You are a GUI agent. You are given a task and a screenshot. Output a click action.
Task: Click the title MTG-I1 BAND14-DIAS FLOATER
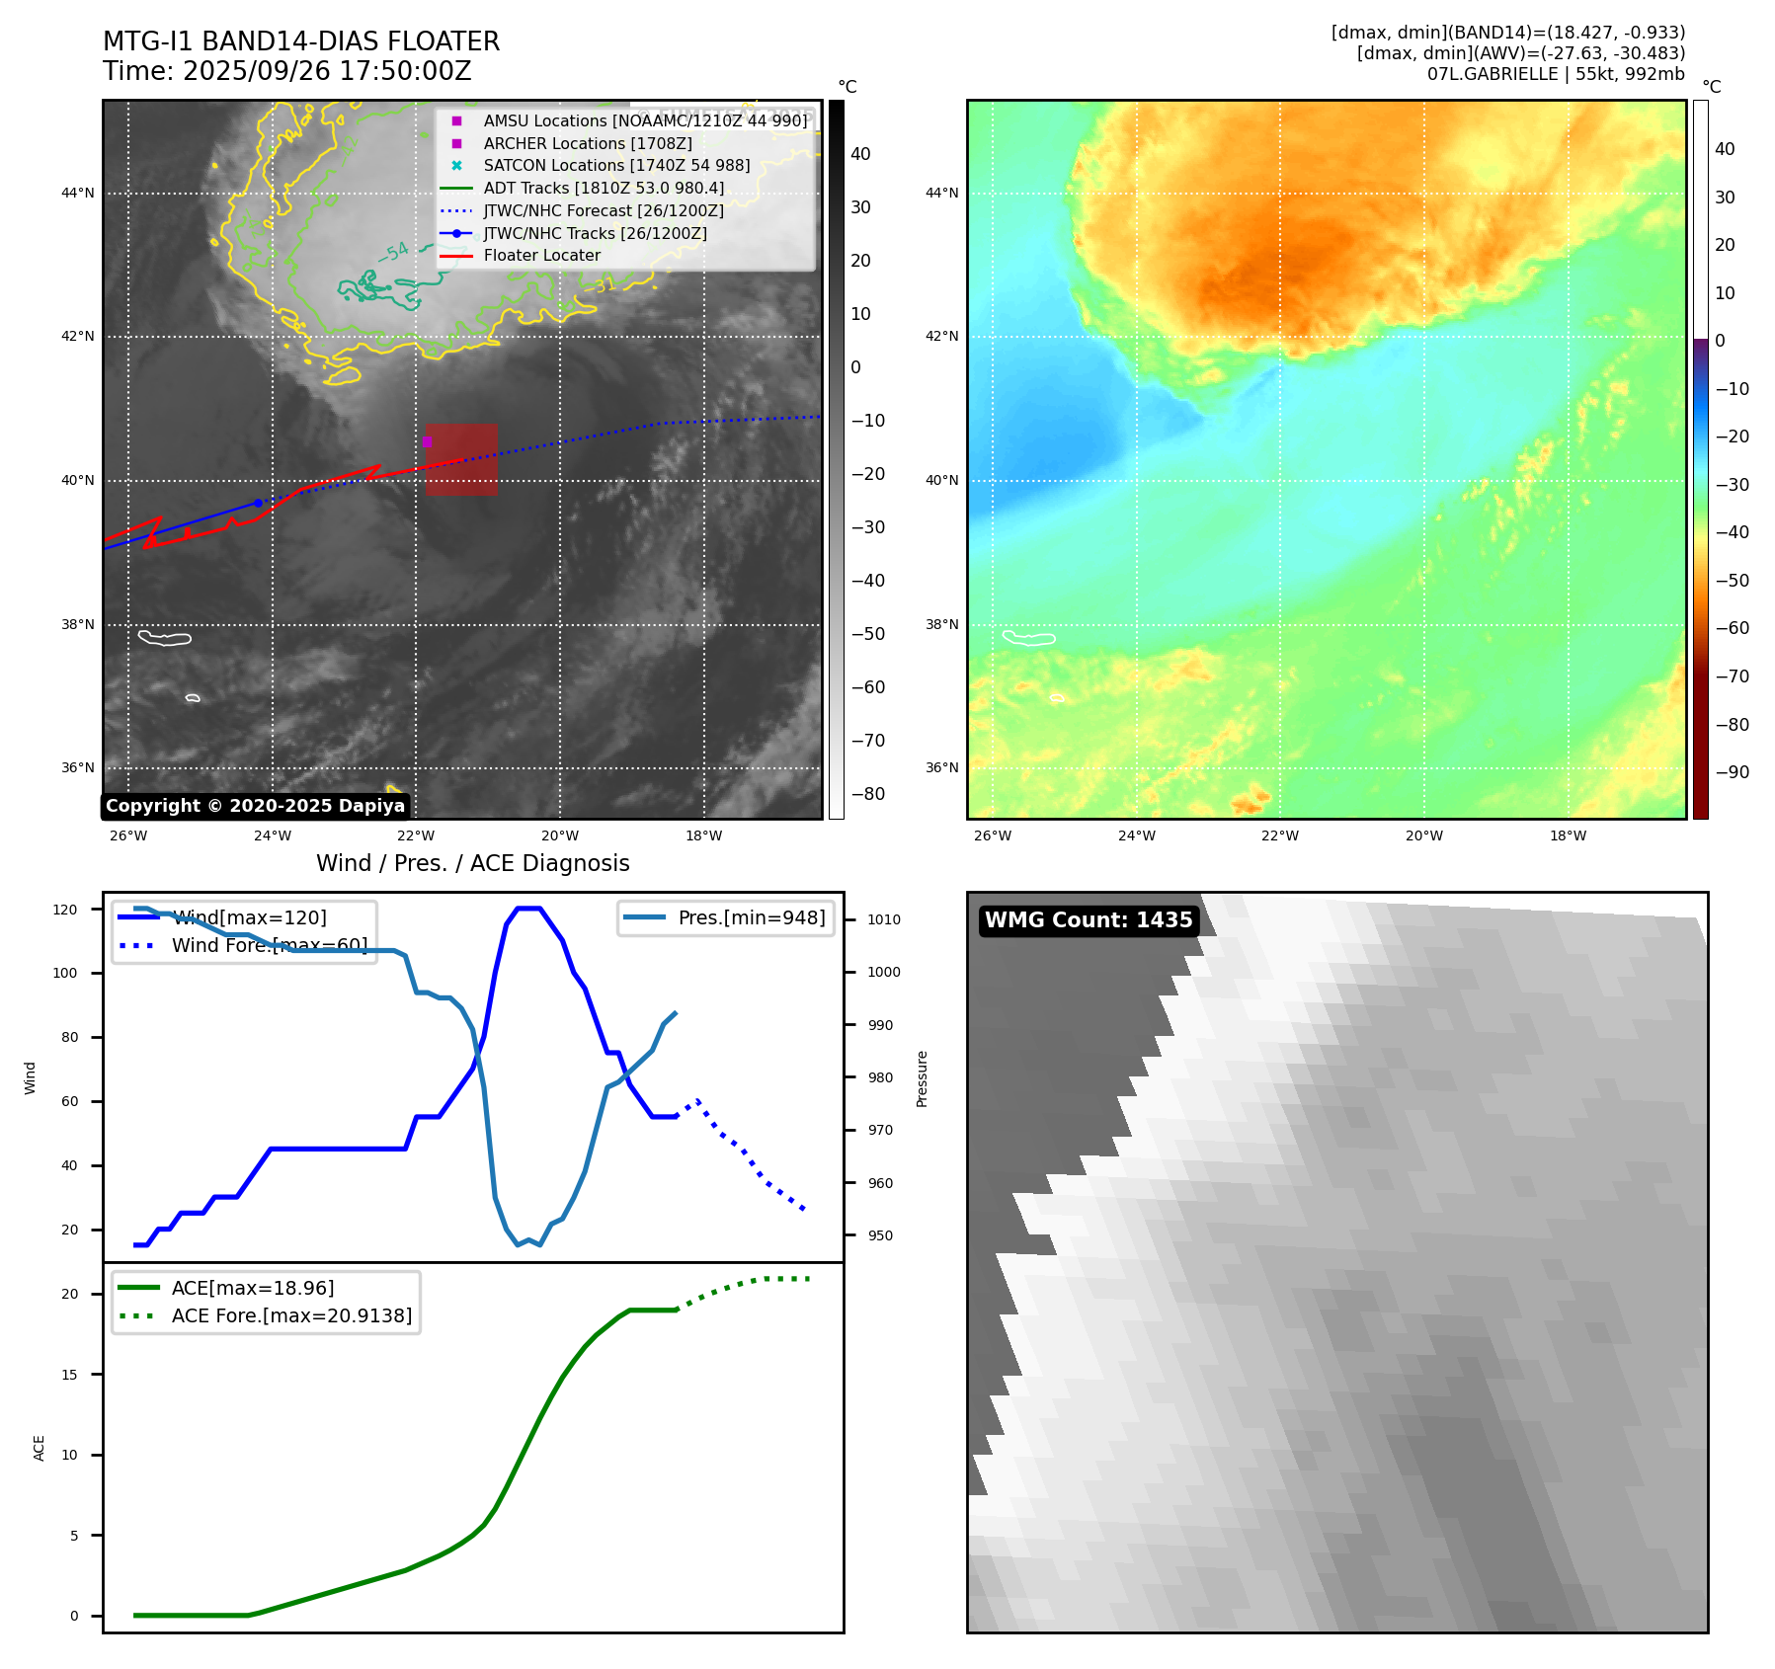301,41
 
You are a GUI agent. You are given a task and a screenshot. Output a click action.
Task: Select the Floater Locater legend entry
541,256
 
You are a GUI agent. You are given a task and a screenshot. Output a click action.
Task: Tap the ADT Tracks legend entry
604,188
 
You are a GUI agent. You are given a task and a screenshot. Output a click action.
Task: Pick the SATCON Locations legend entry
616,166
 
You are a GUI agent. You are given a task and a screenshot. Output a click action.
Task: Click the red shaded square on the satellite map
462,460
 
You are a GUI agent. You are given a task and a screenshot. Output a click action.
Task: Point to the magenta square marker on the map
427,441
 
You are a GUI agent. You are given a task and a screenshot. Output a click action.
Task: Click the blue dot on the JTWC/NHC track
259,503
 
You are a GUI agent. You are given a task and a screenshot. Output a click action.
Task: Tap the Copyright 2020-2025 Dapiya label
255,806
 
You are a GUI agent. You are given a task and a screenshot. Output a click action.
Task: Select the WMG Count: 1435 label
1089,920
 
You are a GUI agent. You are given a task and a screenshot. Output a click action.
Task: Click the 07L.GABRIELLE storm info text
1556,74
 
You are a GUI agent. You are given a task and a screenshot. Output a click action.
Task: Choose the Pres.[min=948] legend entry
751,917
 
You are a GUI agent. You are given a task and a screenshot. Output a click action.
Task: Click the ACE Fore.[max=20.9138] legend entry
291,1315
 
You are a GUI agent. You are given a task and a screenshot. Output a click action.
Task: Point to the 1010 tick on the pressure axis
884,919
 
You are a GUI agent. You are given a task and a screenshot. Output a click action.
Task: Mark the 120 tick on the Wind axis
65,910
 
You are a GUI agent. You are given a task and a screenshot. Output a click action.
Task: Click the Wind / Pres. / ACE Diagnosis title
472,863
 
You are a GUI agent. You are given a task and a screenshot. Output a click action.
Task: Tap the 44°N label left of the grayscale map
78,193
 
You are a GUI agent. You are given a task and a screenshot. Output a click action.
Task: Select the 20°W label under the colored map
1423,835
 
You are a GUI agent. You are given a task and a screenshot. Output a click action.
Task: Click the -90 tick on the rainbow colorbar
1732,772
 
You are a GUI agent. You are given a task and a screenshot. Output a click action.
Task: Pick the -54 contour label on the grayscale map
394,253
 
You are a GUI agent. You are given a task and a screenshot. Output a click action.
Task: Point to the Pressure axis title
922,1078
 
